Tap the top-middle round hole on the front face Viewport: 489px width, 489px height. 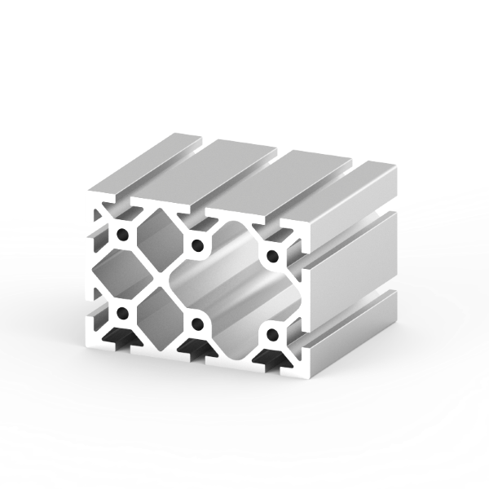pyautogui.click(x=196, y=244)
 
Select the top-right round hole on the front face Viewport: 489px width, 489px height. pyautogui.click(x=271, y=253)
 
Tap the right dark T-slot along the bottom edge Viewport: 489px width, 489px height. pyautogui.click(x=269, y=359)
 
